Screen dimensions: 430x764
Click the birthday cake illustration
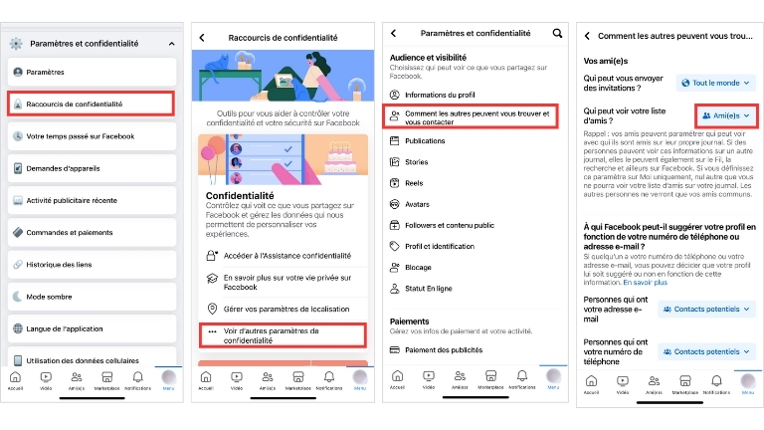(338, 161)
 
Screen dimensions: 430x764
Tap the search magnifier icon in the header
(557, 35)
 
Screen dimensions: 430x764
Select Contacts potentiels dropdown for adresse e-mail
(706, 310)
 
